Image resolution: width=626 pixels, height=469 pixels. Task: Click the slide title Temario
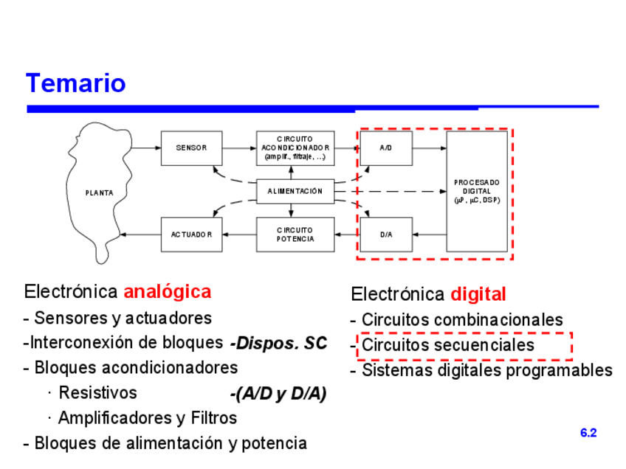tap(76, 83)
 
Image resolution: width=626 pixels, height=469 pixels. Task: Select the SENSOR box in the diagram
tap(191, 147)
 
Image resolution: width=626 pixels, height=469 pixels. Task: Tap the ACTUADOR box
tap(191, 234)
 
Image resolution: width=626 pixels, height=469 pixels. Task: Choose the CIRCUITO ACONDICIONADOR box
tap(295, 147)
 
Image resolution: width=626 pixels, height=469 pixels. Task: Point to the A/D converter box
tap(386, 147)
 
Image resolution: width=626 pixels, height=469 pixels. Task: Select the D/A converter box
tap(386, 234)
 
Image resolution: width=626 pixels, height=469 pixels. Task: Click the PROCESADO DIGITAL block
tap(477, 191)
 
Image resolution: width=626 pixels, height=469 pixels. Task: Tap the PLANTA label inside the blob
tap(100, 193)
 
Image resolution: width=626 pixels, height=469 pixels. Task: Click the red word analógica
tap(168, 291)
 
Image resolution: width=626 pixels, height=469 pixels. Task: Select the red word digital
tap(478, 295)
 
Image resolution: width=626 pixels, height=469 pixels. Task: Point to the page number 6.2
tap(588, 433)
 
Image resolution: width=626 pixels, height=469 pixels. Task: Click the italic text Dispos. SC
tap(278, 344)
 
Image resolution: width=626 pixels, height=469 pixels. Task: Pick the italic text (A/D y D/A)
tap(278, 394)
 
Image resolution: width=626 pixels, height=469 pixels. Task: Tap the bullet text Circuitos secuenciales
tap(448, 345)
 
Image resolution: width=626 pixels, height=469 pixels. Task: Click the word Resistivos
tap(97, 392)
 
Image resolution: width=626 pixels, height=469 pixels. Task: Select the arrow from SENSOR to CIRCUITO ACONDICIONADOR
tap(238, 147)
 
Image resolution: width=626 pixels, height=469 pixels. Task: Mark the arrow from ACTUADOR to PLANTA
tap(140, 234)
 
